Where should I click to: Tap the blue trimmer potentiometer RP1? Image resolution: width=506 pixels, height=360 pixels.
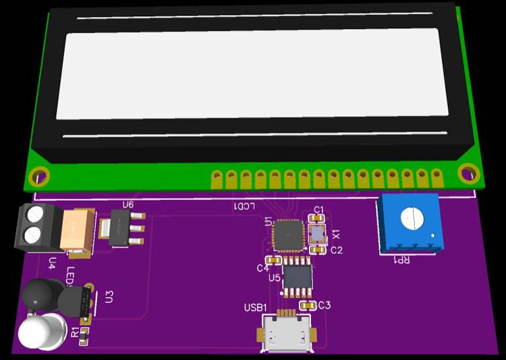pos(410,222)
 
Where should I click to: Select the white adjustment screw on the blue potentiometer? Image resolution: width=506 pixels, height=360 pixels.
pos(411,218)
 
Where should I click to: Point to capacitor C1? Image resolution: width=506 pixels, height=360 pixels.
pos(316,218)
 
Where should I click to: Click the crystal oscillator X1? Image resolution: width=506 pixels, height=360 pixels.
pos(317,234)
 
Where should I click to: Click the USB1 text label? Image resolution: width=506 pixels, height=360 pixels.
pos(256,308)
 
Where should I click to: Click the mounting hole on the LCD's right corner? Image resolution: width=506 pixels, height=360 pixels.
pos(468,173)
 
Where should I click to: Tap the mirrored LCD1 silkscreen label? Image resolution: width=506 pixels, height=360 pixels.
pos(244,206)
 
